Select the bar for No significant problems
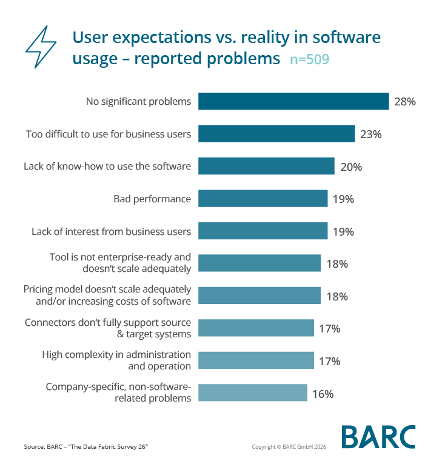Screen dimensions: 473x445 pyautogui.click(x=293, y=101)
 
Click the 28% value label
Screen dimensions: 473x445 pyautogui.click(x=405, y=102)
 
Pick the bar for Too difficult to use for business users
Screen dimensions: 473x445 pyautogui.click(x=276, y=134)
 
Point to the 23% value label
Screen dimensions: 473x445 pyautogui.click(x=370, y=134)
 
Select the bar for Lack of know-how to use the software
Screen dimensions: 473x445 pyautogui.click(x=266, y=167)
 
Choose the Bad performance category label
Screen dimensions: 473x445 pyautogui.click(x=152, y=199)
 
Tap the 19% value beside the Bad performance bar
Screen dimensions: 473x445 pyautogui.click(x=343, y=199)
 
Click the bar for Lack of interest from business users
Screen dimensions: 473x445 pyautogui.click(x=263, y=231)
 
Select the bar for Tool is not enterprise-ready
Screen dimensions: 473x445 pyautogui.click(x=259, y=263)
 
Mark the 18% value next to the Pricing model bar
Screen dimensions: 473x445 pyautogui.click(x=336, y=297)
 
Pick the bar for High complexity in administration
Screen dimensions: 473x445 pyautogui.click(x=256, y=361)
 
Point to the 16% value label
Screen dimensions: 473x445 pyautogui.click(x=323, y=394)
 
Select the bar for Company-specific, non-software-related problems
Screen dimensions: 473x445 pyautogui.click(x=253, y=393)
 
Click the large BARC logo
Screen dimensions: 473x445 pyautogui.click(x=378, y=437)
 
